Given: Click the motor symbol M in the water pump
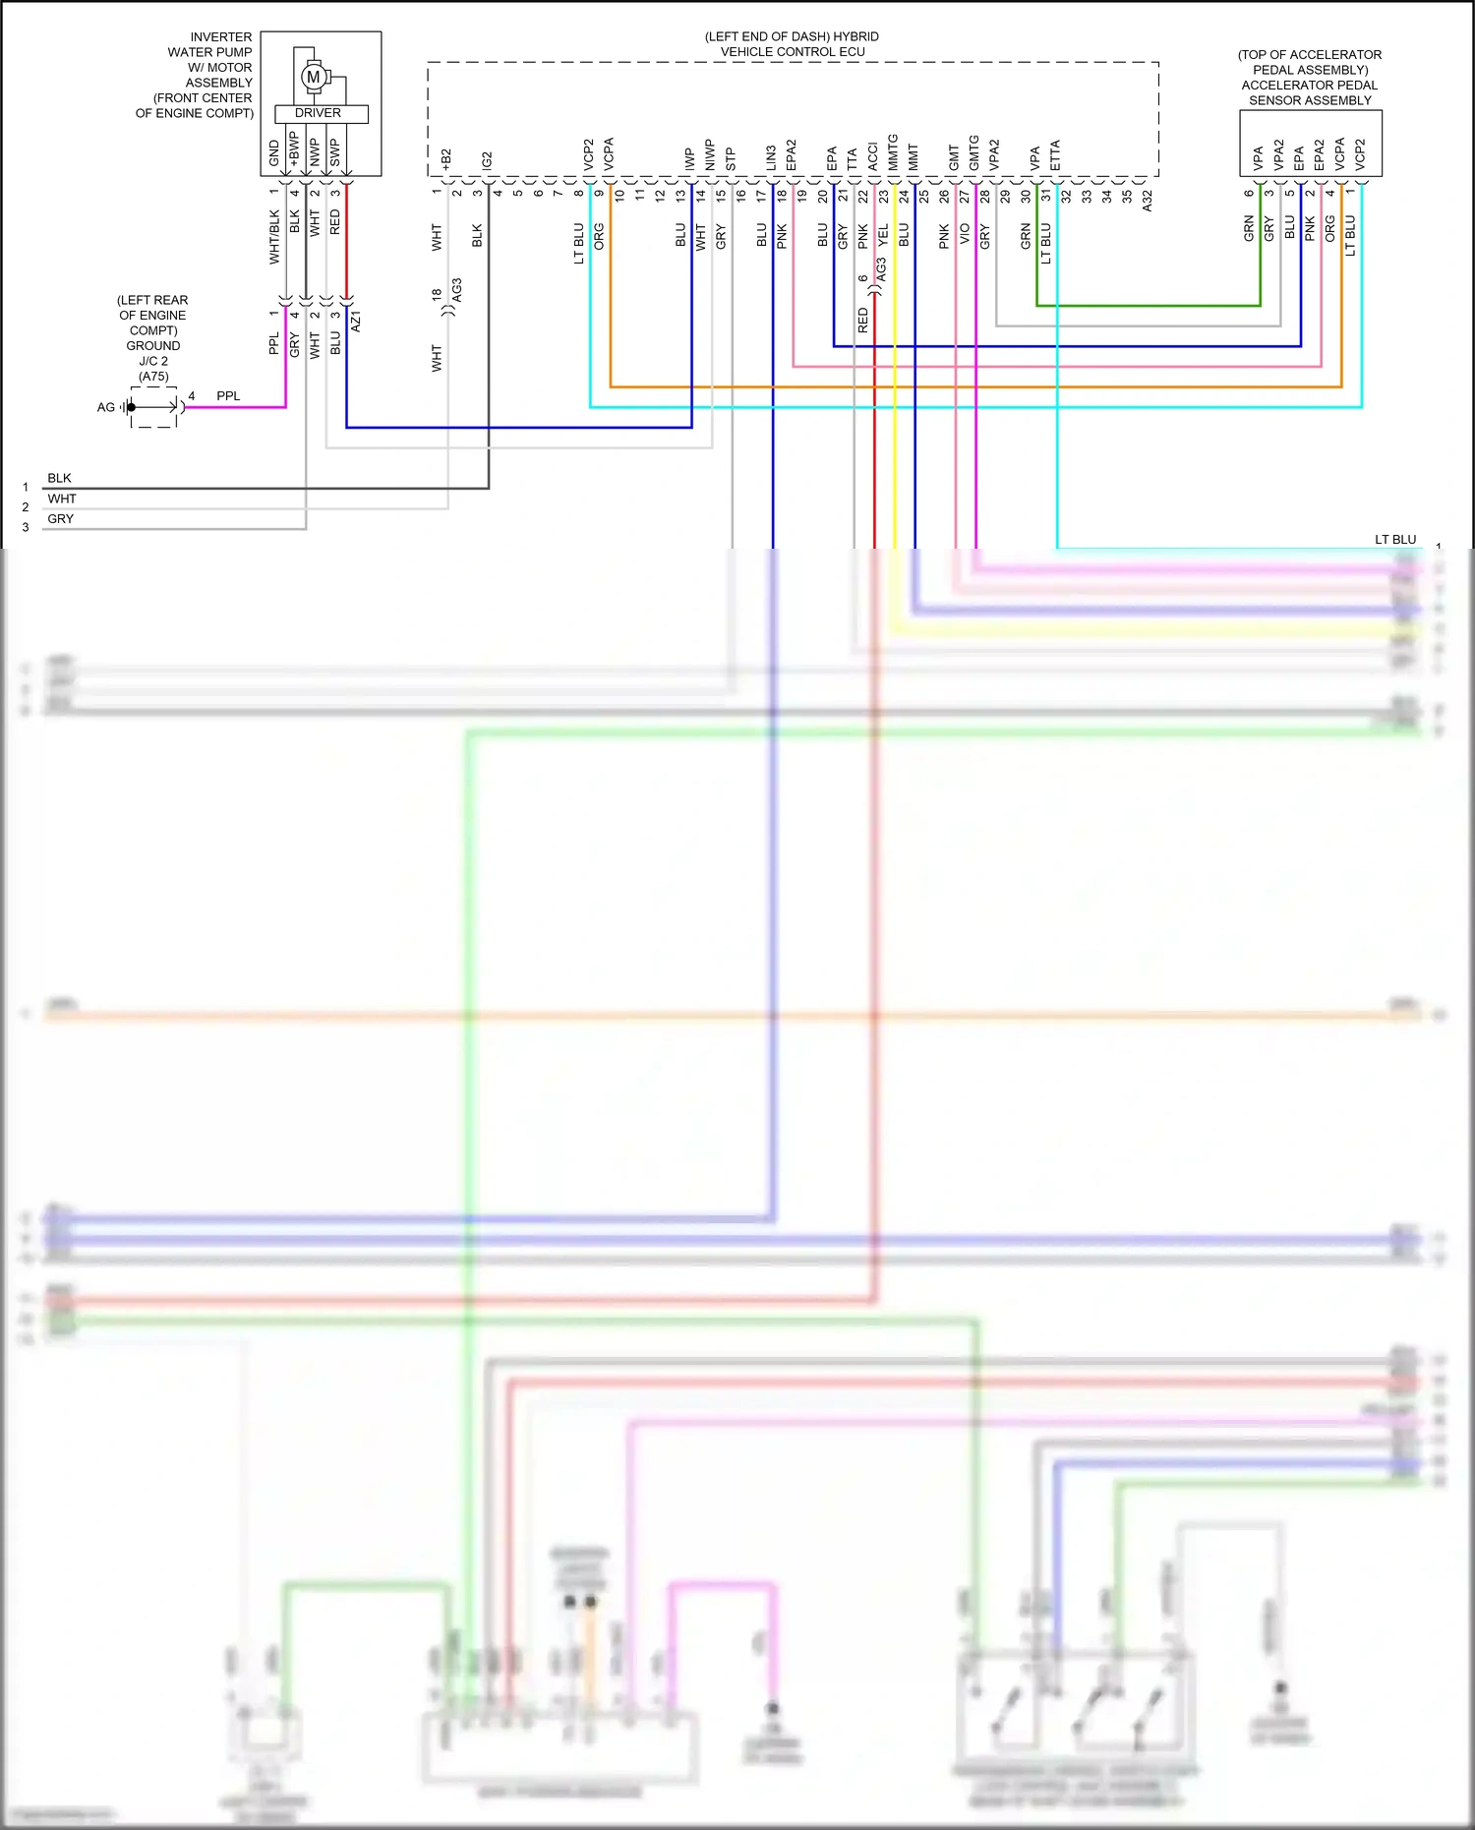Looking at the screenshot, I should pyautogui.click(x=314, y=77).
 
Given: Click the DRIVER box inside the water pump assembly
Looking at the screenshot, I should pyautogui.click(x=319, y=113).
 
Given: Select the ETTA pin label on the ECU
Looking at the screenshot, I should pyautogui.click(x=1055, y=155).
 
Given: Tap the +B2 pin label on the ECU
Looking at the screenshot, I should pyautogui.click(x=445, y=159).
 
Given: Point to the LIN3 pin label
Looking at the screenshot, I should pyautogui.click(x=771, y=157).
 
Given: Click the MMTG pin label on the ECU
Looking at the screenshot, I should pyautogui.click(x=893, y=152).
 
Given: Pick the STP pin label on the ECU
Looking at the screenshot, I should pyautogui.click(x=731, y=159).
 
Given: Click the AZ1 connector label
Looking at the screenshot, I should pyautogui.click(x=356, y=321).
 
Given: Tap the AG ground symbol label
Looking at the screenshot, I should pyautogui.click(x=105, y=407).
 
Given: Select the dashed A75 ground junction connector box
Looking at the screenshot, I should pyautogui.click(x=154, y=407).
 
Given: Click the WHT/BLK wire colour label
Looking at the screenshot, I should pyautogui.click(x=274, y=236).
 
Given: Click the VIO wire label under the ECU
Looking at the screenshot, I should pyautogui.click(x=965, y=234).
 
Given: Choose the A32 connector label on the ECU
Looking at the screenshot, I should pyautogui.click(x=1147, y=202).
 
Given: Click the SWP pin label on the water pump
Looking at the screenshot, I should pyautogui.click(x=334, y=152).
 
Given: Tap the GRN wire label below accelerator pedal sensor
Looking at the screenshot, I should pyautogui.click(x=1249, y=228).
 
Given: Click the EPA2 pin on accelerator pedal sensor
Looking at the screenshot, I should pyautogui.click(x=1319, y=154).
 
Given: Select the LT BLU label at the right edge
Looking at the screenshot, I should pyautogui.click(x=1394, y=539).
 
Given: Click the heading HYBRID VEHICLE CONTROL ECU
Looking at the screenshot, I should pyautogui.click(x=792, y=44).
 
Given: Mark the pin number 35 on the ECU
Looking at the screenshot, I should pyautogui.click(x=1127, y=197).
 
